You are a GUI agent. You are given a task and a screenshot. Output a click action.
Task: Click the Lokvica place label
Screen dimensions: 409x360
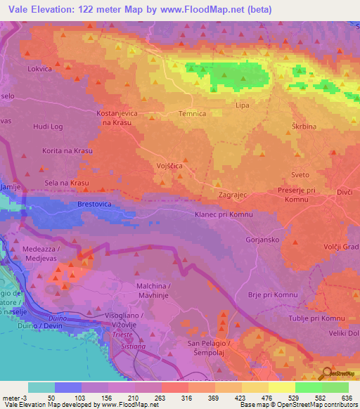[x=40, y=70]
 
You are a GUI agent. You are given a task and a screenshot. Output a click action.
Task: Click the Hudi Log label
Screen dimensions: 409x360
[x=49, y=127]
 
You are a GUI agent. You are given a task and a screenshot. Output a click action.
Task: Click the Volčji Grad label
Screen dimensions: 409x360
[x=340, y=247]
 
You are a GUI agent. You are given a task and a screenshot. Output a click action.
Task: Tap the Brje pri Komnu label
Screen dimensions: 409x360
[x=273, y=294]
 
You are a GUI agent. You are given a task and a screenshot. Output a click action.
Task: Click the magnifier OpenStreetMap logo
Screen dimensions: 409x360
[x=326, y=373]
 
